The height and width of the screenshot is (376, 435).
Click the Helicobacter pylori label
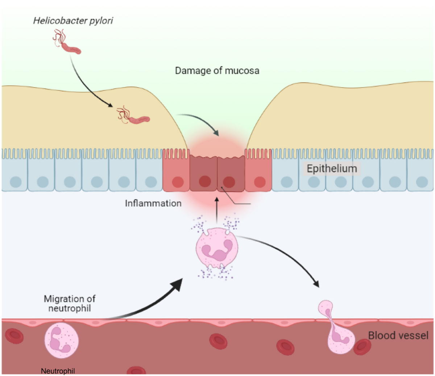pyautogui.click(x=73, y=21)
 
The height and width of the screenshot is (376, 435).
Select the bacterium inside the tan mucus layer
pyautogui.click(x=133, y=116)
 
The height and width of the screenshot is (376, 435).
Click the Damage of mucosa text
pyautogui.click(x=217, y=71)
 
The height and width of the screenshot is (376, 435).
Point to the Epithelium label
pyautogui.click(x=332, y=168)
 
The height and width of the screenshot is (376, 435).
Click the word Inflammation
pyautogui.click(x=153, y=203)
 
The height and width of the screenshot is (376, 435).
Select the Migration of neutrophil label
pyautogui.click(x=70, y=304)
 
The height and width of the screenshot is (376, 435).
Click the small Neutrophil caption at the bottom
pyautogui.click(x=58, y=371)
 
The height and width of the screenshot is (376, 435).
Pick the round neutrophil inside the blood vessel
pyautogui.click(x=62, y=341)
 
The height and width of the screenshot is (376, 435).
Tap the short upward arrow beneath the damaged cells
pyautogui.click(x=216, y=210)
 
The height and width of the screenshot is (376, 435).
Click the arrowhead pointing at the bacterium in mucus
pyautogui.click(x=110, y=105)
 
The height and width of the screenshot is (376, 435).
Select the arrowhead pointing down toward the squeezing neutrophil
pyautogui.click(x=316, y=284)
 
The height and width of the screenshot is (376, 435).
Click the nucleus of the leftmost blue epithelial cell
pyautogui.click(x=16, y=182)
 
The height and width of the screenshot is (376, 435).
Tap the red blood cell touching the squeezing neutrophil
pyautogui.click(x=362, y=347)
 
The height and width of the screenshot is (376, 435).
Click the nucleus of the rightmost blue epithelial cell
pyautogui.click(x=422, y=182)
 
